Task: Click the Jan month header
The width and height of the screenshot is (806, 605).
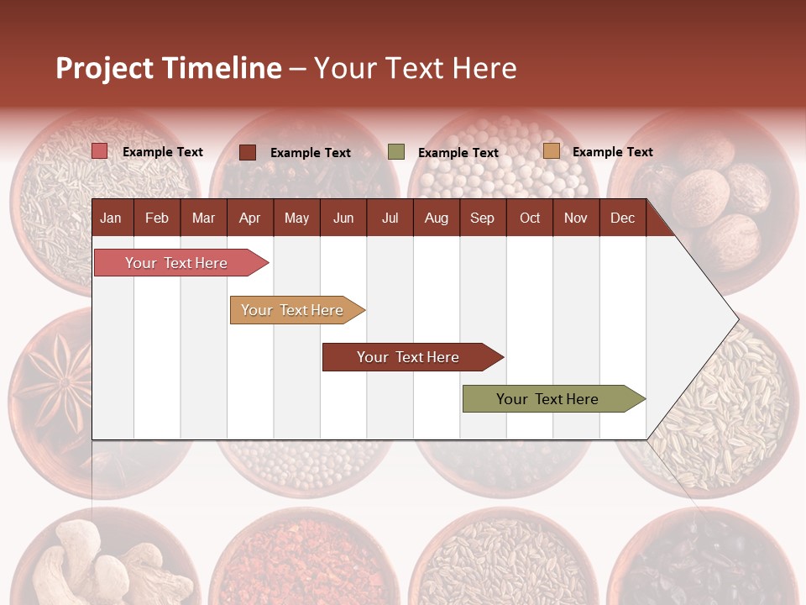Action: tap(111, 218)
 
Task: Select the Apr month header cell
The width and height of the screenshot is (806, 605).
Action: tap(249, 218)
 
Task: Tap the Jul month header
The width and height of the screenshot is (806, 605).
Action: tap(390, 218)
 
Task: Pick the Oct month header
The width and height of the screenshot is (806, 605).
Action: tap(530, 218)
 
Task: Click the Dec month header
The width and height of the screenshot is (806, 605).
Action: tap(622, 218)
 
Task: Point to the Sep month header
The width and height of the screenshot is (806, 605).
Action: tap(482, 218)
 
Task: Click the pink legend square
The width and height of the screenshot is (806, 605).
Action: tap(99, 151)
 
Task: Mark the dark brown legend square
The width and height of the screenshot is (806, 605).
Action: tap(248, 152)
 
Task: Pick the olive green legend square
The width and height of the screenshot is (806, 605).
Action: tap(396, 152)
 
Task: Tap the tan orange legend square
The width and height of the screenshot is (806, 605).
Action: tap(551, 151)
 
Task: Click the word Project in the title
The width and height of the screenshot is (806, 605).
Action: tap(105, 68)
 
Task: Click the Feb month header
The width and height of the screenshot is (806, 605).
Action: tap(157, 218)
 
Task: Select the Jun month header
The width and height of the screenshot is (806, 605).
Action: tap(343, 218)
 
